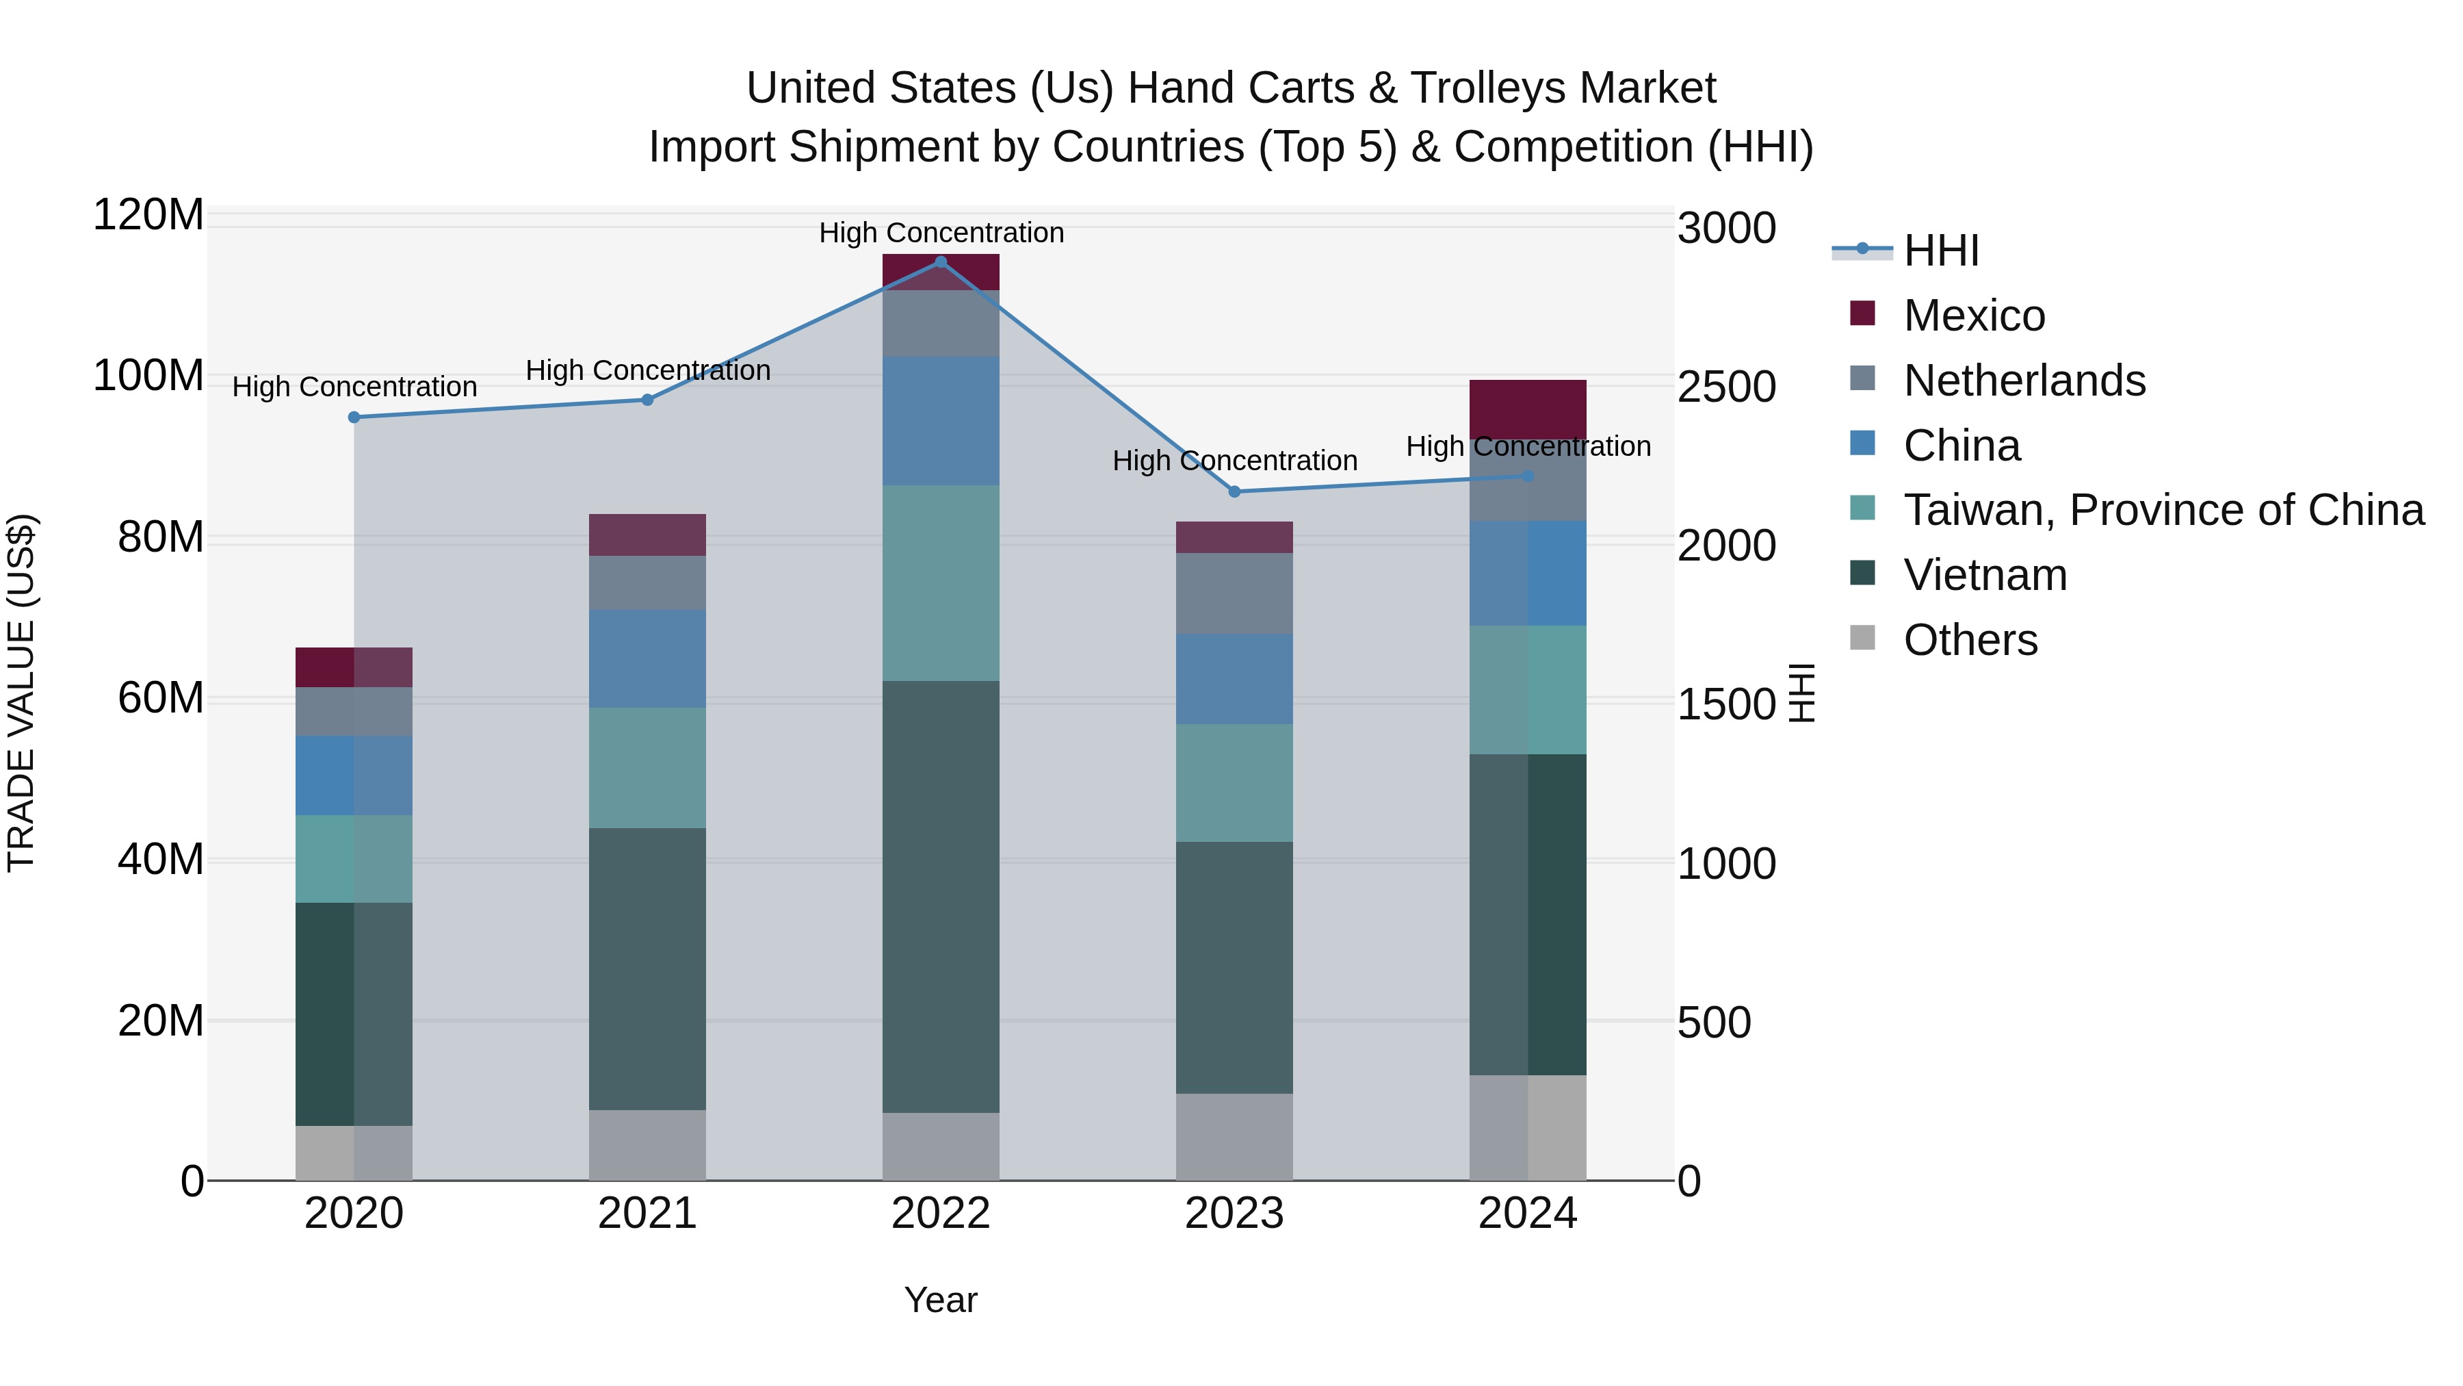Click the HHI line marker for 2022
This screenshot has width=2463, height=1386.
pyautogui.click(x=940, y=262)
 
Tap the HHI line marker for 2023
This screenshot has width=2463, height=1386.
pyautogui.click(x=1234, y=491)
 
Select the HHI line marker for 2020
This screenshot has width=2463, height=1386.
pyautogui.click(x=354, y=417)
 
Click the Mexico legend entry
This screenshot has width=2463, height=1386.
pyautogui.click(x=1973, y=316)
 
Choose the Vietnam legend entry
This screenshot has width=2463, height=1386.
pyautogui.click(x=1984, y=575)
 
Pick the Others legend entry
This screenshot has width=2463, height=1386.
pyautogui.click(x=1970, y=640)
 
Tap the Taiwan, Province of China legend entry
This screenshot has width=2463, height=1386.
pyautogui.click(x=2163, y=510)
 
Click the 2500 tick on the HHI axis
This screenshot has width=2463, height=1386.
pyautogui.click(x=1727, y=387)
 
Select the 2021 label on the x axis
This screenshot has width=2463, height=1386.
pyautogui.click(x=647, y=1214)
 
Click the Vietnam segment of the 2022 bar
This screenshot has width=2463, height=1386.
pyautogui.click(x=940, y=896)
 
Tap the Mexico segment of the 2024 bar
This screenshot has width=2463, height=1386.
pyautogui.click(x=1527, y=409)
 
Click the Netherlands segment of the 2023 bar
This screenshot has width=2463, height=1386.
pyautogui.click(x=1234, y=593)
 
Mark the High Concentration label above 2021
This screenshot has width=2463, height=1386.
pyautogui.click(x=647, y=370)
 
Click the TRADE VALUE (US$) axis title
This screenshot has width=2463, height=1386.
pyautogui.click(x=21, y=693)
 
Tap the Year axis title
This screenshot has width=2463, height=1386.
pyautogui.click(x=940, y=1300)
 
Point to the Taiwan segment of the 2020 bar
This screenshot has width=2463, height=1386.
pyautogui.click(x=354, y=859)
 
